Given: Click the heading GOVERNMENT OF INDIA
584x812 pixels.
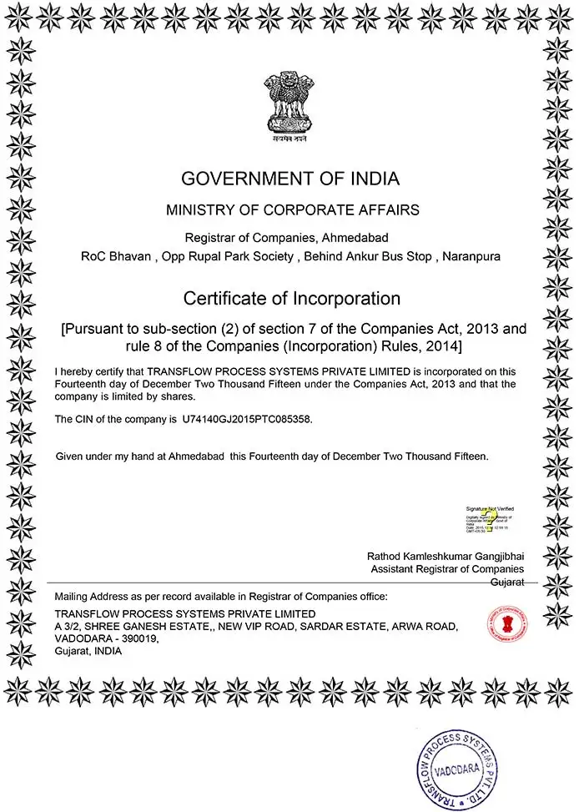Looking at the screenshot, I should pyautogui.click(x=290, y=178).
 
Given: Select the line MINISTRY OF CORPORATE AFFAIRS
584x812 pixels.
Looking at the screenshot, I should pyautogui.click(x=291, y=209).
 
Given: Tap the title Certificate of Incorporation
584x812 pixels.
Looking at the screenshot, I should pyautogui.click(x=292, y=298).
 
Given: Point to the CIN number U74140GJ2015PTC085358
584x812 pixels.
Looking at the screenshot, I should pyautogui.click(x=247, y=419).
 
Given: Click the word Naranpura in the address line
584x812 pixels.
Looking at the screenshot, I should pyautogui.click(x=471, y=256).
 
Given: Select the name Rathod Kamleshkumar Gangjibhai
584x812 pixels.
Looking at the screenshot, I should pyautogui.click(x=446, y=556).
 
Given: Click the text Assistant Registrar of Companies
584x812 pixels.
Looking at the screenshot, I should pyautogui.click(x=447, y=569).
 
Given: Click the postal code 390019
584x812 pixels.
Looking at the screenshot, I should pyautogui.click(x=138, y=638).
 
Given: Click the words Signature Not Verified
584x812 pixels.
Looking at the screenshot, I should pyautogui.click(x=490, y=508).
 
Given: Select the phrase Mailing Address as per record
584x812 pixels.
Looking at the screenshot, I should pyautogui.click(x=117, y=596).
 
